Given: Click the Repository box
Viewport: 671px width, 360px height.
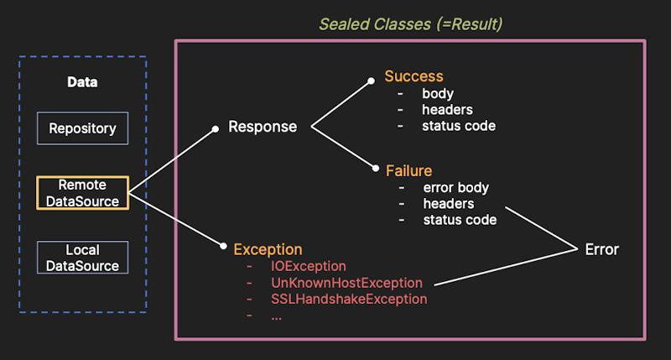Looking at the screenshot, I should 82,128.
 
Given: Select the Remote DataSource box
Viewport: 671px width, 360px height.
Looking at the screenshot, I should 82,192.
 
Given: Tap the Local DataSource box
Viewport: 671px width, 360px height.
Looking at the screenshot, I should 82,258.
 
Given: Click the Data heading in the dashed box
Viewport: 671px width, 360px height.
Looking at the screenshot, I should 82,82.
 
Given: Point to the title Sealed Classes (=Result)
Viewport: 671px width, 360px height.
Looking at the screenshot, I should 410,23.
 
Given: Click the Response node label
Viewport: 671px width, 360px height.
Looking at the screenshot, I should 263,127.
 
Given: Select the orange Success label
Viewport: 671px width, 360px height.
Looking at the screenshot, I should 414,76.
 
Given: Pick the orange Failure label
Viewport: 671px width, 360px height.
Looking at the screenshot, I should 408,170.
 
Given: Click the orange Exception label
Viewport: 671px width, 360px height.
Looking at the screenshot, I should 268,249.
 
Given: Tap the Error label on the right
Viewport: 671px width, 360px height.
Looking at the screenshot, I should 601,249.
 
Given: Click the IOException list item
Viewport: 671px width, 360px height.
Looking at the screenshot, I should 308,266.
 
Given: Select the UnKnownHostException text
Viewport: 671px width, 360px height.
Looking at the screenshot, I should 346,283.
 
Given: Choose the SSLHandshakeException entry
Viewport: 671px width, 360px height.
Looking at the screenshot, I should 349,299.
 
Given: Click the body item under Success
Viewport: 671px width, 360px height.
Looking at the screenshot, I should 438,93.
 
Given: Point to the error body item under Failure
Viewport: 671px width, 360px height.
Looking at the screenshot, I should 455,187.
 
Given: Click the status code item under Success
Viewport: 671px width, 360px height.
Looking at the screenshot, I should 459,126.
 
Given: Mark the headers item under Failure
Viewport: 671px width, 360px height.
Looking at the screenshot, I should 449,203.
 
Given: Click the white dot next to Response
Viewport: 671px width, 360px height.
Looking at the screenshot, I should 216,128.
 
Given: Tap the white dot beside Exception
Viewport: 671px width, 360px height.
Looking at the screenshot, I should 224,247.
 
